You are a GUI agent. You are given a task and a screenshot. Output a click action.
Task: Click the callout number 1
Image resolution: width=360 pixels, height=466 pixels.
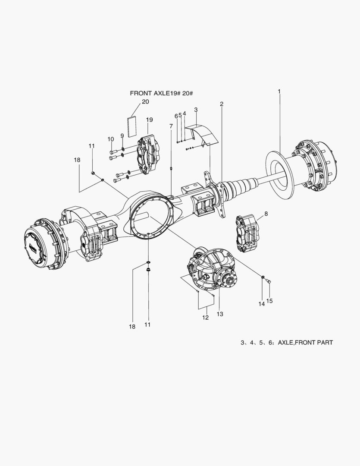pyautogui.click(x=279, y=91)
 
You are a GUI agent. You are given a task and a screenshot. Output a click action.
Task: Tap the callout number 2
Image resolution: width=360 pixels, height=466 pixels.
pyautogui.click(x=221, y=104)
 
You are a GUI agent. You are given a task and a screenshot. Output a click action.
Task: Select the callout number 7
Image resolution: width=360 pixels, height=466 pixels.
pyautogui.click(x=171, y=126)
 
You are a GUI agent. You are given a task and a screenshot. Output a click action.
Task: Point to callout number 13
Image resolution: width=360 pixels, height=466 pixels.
pyautogui.click(x=220, y=314)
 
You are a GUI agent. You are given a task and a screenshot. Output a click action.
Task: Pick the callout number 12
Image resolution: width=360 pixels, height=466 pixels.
pyautogui.click(x=205, y=318)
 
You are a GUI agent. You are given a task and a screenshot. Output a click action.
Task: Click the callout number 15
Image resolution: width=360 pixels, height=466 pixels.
pyautogui.click(x=269, y=301)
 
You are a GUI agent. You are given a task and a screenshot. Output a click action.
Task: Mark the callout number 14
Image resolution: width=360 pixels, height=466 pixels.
pyautogui.click(x=261, y=304)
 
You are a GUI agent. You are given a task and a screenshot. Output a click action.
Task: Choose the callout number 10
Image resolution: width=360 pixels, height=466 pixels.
pyautogui.click(x=111, y=139)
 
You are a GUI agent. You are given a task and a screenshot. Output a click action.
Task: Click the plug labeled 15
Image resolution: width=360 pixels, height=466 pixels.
pyautogui.click(x=268, y=282)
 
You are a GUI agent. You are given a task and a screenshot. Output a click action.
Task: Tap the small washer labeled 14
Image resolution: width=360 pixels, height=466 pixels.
pyautogui.click(x=263, y=276)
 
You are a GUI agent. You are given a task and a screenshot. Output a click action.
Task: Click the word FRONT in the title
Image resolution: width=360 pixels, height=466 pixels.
pyautogui.click(x=141, y=93)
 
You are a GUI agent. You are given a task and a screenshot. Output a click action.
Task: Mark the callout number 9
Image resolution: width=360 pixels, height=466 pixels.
pyautogui.click(x=122, y=135)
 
